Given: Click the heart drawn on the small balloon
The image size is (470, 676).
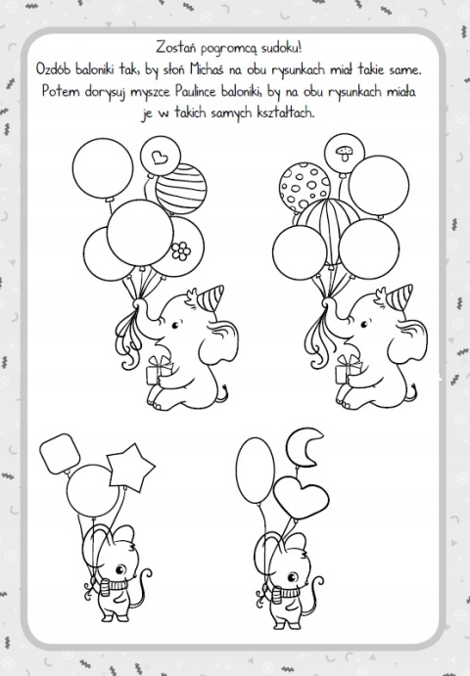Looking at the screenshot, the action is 160,157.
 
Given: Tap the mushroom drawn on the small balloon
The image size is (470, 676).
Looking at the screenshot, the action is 345,153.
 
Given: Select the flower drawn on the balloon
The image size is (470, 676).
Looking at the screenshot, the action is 181,250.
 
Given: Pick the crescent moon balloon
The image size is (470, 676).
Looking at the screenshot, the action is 304,448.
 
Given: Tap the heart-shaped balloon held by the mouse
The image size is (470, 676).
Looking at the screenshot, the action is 301,497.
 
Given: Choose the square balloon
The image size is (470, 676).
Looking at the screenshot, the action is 60,453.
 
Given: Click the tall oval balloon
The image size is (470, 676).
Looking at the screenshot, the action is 256,471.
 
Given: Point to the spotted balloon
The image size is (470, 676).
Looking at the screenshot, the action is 305,187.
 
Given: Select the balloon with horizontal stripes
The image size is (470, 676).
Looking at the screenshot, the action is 181,189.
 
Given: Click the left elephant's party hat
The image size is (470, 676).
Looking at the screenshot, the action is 210,297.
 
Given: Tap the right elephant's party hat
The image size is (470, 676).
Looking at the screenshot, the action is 399,296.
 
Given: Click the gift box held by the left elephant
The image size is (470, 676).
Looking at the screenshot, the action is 159,371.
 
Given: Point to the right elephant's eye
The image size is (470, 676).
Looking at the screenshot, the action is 364,324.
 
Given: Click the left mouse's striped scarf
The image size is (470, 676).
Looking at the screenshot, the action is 113,586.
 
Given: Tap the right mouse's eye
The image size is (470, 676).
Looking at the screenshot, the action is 292,577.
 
